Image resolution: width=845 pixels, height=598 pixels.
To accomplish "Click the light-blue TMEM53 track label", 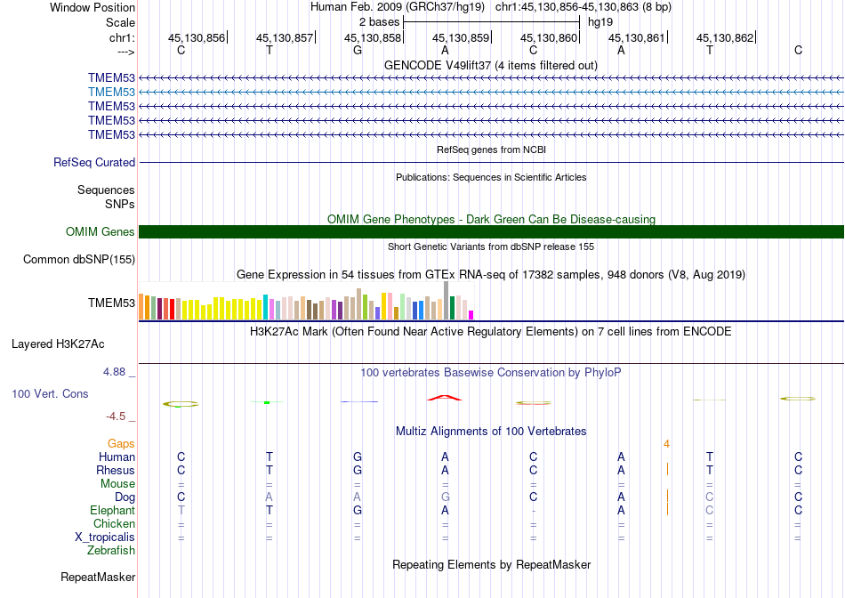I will click(111, 92).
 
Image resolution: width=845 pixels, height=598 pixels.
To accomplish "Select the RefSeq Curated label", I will click(94, 163).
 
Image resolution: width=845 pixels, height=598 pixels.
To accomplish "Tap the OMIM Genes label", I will click(101, 232).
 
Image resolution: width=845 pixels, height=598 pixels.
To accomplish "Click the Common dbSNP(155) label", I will click(79, 260).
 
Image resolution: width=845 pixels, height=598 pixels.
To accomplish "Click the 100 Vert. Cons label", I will click(50, 393).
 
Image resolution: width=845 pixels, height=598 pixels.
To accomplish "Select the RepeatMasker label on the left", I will click(98, 578).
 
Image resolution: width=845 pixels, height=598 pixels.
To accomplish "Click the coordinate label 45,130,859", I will click(461, 37).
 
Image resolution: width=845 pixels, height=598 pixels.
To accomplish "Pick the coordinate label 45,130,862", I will click(725, 37).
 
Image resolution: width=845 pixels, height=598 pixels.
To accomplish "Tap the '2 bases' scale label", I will click(380, 21).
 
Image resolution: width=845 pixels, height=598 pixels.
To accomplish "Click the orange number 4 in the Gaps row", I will click(665, 443).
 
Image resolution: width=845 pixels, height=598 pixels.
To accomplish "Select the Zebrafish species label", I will click(111, 551).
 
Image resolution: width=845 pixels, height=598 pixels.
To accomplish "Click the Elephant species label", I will click(112, 511).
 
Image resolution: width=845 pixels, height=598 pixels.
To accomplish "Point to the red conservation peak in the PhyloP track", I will click(444, 398).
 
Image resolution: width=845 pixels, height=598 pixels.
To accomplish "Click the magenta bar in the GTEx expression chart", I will click(471, 314).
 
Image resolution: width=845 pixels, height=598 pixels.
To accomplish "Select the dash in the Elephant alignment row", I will click(533, 511).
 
